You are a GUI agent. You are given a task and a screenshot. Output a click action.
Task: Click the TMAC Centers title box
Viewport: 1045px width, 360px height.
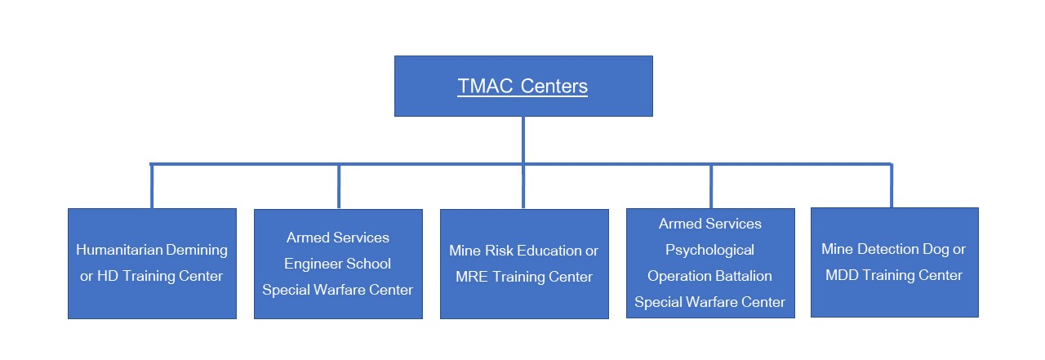point(523,87)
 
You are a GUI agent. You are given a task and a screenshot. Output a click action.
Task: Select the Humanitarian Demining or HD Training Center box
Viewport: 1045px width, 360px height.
point(152,264)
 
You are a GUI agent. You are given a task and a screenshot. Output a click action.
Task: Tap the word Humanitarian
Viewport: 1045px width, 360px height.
point(119,250)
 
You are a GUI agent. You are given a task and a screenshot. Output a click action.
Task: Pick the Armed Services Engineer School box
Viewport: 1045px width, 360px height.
point(338,264)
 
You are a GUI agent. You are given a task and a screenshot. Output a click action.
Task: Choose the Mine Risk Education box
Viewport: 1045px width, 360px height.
point(524,264)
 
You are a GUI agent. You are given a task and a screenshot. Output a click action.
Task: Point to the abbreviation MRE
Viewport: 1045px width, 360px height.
point(472,277)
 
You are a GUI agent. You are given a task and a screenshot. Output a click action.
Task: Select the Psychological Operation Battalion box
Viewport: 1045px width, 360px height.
point(710,263)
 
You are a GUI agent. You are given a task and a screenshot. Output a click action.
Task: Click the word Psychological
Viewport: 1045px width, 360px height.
point(709,251)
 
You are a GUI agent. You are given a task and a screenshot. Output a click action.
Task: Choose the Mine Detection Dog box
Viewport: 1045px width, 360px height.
point(895,263)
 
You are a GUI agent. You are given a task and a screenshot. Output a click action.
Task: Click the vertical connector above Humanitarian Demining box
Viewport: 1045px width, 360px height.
point(152,186)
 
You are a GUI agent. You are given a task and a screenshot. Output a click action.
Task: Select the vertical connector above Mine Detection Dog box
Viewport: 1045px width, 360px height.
point(892,185)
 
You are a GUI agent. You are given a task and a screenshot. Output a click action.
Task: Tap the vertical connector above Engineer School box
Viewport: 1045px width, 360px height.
point(339,186)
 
